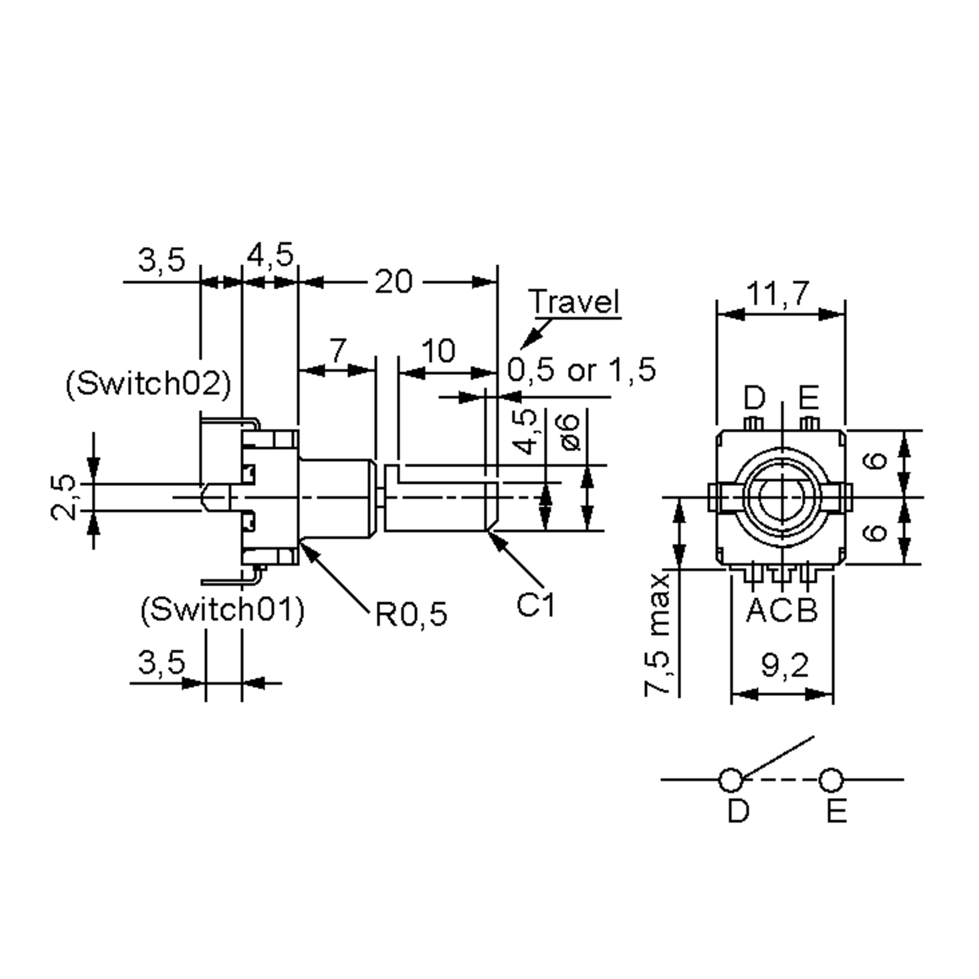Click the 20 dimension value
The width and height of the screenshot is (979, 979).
point(393,282)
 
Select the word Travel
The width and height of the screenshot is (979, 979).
point(574,301)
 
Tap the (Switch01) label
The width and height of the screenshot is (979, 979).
point(222,609)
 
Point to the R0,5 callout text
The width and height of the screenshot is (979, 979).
point(411,615)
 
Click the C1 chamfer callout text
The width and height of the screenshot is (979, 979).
point(536,605)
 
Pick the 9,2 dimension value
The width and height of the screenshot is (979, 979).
point(784,666)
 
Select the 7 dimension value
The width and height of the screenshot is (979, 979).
point(339,350)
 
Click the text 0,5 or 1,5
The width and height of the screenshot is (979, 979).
point(581,370)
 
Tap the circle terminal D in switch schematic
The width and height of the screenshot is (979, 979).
point(730,780)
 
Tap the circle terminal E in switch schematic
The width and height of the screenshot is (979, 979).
point(831,780)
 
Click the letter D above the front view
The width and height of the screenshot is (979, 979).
point(754,398)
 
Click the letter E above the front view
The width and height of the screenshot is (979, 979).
point(809,398)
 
